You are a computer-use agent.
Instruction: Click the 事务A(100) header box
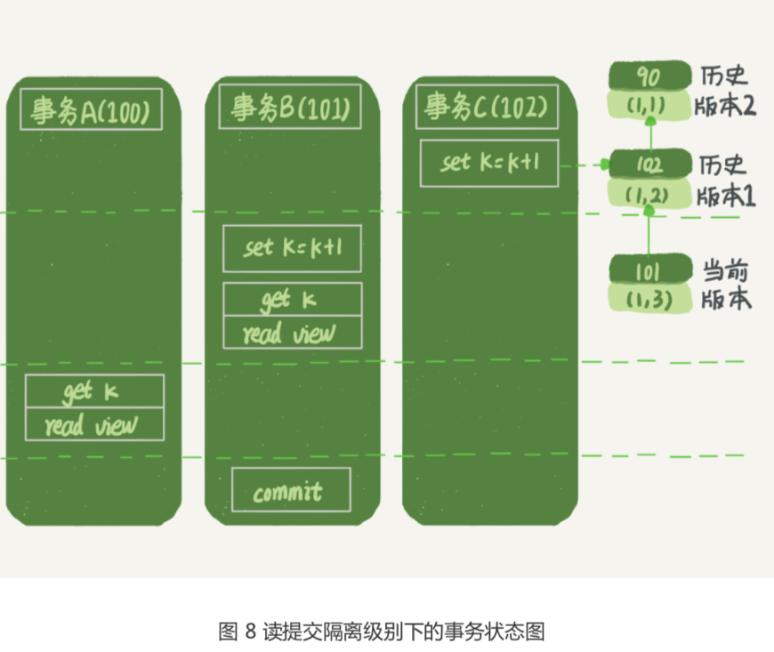[x=91, y=110]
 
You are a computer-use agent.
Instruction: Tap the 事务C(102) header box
[x=486, y=109]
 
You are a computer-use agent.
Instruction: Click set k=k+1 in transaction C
[x=488, y=164]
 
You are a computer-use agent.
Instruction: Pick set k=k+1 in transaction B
[x=292, y=248]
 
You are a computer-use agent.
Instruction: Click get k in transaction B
[x=292, y=299]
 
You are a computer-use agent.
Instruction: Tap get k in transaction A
[x=94, y=391]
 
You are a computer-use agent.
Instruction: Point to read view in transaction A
[x=94, y=424]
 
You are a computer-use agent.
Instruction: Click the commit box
[x=289, y=490]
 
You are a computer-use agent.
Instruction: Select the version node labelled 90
[x=650, y=76]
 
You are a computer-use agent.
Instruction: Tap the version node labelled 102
[x=650, y=165]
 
